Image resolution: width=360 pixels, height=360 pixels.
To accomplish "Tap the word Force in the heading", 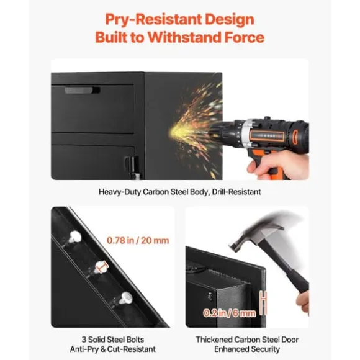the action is [x=245, y=37].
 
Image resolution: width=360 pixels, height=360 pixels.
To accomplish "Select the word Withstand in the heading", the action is [x=184, y=37].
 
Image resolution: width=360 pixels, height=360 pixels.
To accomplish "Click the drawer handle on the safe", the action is [x=82, y=90].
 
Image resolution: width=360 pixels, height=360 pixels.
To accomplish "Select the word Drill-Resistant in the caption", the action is [x=236, y=192].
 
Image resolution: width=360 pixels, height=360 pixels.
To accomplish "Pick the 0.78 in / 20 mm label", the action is [x=138, y=241].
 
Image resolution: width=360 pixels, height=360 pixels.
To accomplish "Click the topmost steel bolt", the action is [x=74, y=237].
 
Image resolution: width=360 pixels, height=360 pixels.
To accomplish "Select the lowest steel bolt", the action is [x=124, y=298].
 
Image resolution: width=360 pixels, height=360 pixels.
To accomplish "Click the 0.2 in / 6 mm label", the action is [x=230, y=313].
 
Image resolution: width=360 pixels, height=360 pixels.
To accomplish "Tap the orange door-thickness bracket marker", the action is [x=264, y=303].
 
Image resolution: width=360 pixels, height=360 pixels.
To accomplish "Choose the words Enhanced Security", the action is [x=247, y=349].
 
